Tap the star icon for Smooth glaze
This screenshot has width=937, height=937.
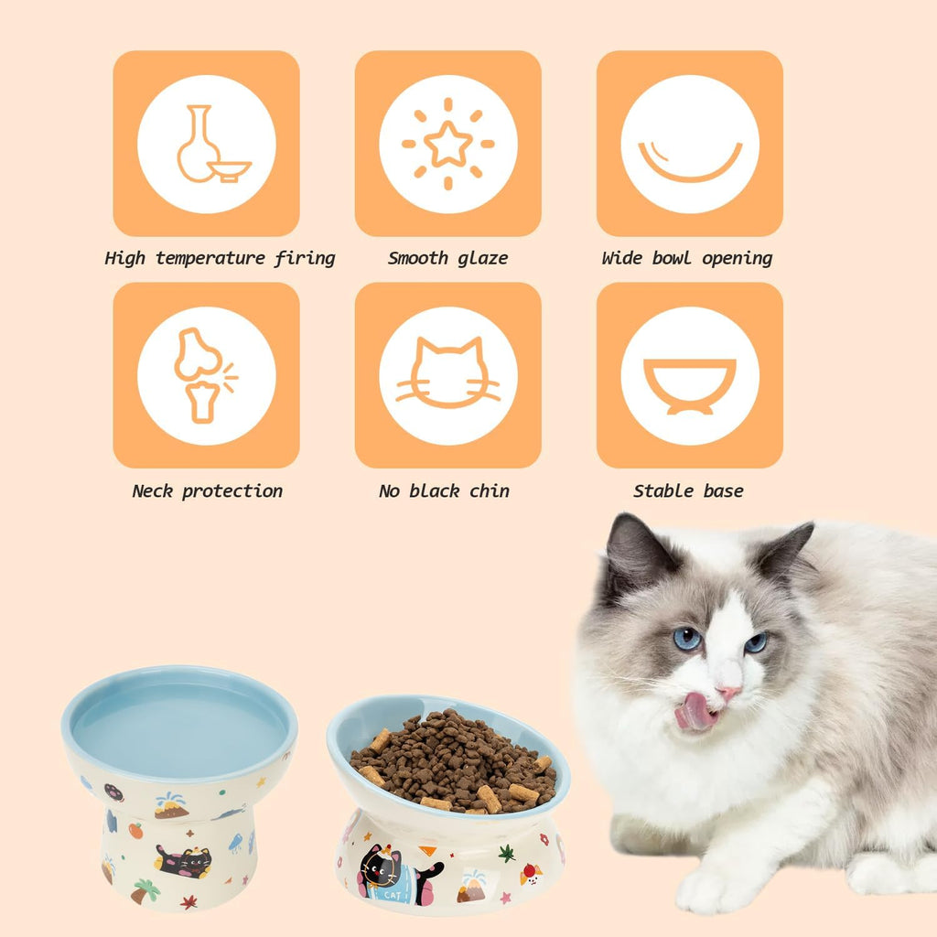[x=448, y=145]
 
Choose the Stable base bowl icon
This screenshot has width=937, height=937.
[x=690, y=384]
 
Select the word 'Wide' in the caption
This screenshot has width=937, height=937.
[x=622, y=258]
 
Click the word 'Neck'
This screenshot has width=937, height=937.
[x=152, y=491]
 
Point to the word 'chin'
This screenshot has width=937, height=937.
[x=490, y=491]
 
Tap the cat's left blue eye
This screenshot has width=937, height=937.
[x=687, y=638]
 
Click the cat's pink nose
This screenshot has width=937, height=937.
[x=728, y=693]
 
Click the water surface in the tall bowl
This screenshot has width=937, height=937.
[x=178, y=723]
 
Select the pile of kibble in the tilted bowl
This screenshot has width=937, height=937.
[x=453, y=759]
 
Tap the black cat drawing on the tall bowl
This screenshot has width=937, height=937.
[x=183, y=860]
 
